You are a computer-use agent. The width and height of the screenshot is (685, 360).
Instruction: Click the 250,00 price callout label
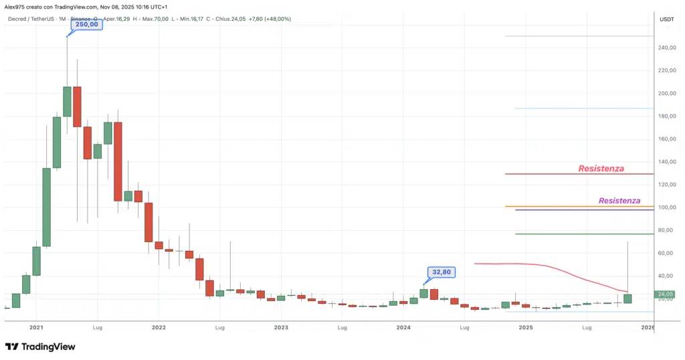coord(86,24)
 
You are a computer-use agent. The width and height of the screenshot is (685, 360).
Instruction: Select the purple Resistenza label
coord(619,201)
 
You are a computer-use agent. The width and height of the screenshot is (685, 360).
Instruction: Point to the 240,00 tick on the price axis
coord(666,48)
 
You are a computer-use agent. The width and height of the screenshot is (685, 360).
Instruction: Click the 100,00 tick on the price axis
coord(666,207)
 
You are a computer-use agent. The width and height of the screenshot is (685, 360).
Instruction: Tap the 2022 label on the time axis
coord(159,328)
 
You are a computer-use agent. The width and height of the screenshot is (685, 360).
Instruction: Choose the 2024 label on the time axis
coord(403,328)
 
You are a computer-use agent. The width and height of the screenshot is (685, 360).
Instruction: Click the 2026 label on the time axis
coord(648,328)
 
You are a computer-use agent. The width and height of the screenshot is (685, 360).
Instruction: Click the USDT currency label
coord(666,19)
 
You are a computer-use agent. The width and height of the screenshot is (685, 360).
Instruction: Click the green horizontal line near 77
coord(579,234)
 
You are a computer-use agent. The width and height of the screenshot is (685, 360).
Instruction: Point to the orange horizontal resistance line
coord(579,206)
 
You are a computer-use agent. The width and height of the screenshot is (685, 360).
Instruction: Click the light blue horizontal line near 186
coord(579,108)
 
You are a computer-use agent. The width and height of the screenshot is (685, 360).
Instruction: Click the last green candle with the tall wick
coord(627,298)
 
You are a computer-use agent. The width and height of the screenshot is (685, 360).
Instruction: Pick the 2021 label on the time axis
coord(36,328)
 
